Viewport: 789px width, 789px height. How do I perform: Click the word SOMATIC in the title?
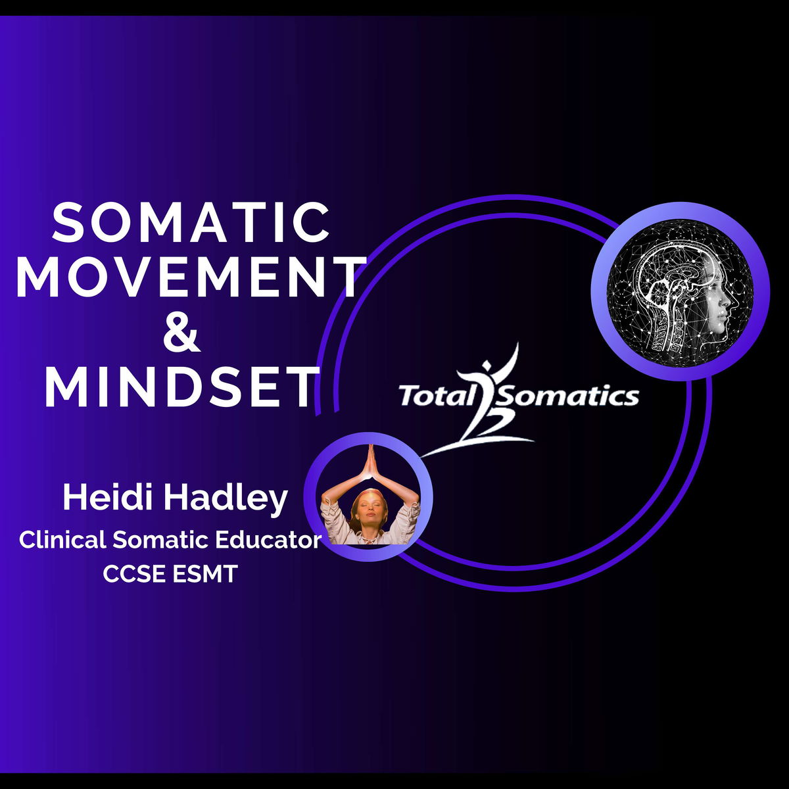[191, 224]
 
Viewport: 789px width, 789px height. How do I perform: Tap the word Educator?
[268, 540]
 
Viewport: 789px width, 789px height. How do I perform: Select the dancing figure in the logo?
[487, 401]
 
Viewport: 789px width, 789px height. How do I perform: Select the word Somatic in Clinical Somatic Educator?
[161, 540]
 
